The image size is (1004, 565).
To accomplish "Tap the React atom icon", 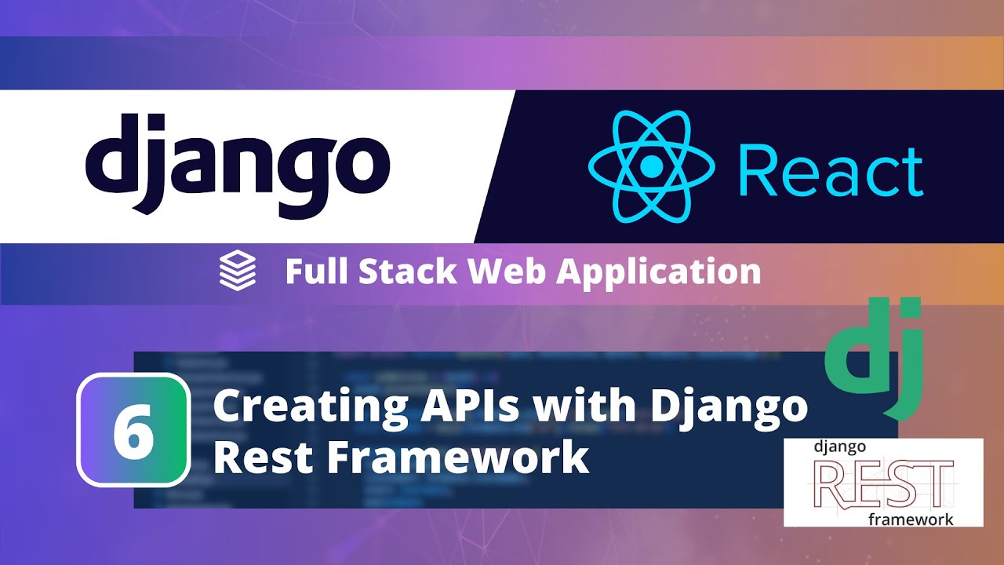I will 650,166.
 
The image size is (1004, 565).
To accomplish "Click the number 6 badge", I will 133,430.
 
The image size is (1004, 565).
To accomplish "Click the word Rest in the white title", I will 256,457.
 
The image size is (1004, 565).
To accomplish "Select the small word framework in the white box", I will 911,519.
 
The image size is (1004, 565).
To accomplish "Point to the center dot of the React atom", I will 650,166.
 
